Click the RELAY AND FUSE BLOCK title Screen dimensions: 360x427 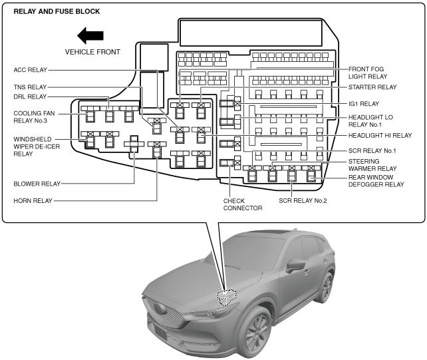[52, 11]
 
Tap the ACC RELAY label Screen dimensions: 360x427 [31, 69]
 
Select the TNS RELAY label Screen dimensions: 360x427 [31, 87]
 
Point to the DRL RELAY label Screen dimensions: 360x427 [31, 97]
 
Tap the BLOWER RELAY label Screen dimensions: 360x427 [37, 183]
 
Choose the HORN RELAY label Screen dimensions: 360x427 [34, 200]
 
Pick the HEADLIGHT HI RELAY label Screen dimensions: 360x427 [380, 135]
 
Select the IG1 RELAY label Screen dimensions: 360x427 [364, 104]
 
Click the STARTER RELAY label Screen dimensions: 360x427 [372, 87]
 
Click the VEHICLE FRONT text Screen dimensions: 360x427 [92, 51]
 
